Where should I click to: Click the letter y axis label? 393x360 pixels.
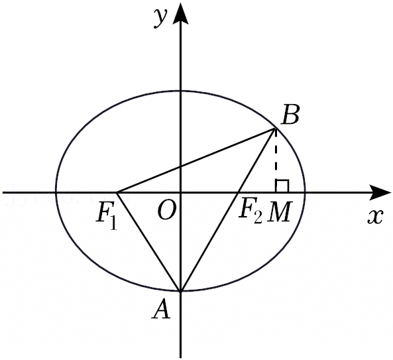(160, 18)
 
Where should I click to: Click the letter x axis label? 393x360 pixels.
(375, 216)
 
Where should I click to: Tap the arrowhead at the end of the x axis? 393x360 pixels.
(380, 192)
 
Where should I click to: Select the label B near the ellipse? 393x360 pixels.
(290, 115)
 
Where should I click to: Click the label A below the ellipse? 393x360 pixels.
(161, 310)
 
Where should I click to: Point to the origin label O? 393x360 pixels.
(166, 210)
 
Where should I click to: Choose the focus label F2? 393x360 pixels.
(250, 212)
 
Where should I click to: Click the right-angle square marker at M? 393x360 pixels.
(282, 186)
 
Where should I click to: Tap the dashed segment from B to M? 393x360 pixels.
(276, 160)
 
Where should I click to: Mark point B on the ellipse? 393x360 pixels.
(276, 129)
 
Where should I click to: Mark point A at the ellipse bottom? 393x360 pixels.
(180, 291)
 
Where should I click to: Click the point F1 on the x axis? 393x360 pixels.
(117, 192)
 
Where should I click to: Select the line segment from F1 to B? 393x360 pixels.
(196, 160)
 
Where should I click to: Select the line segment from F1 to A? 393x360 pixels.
(149, 242)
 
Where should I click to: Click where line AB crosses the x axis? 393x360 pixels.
(238, 192)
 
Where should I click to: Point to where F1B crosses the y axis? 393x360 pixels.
(180, 167)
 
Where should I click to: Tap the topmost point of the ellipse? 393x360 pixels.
(180, 91)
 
